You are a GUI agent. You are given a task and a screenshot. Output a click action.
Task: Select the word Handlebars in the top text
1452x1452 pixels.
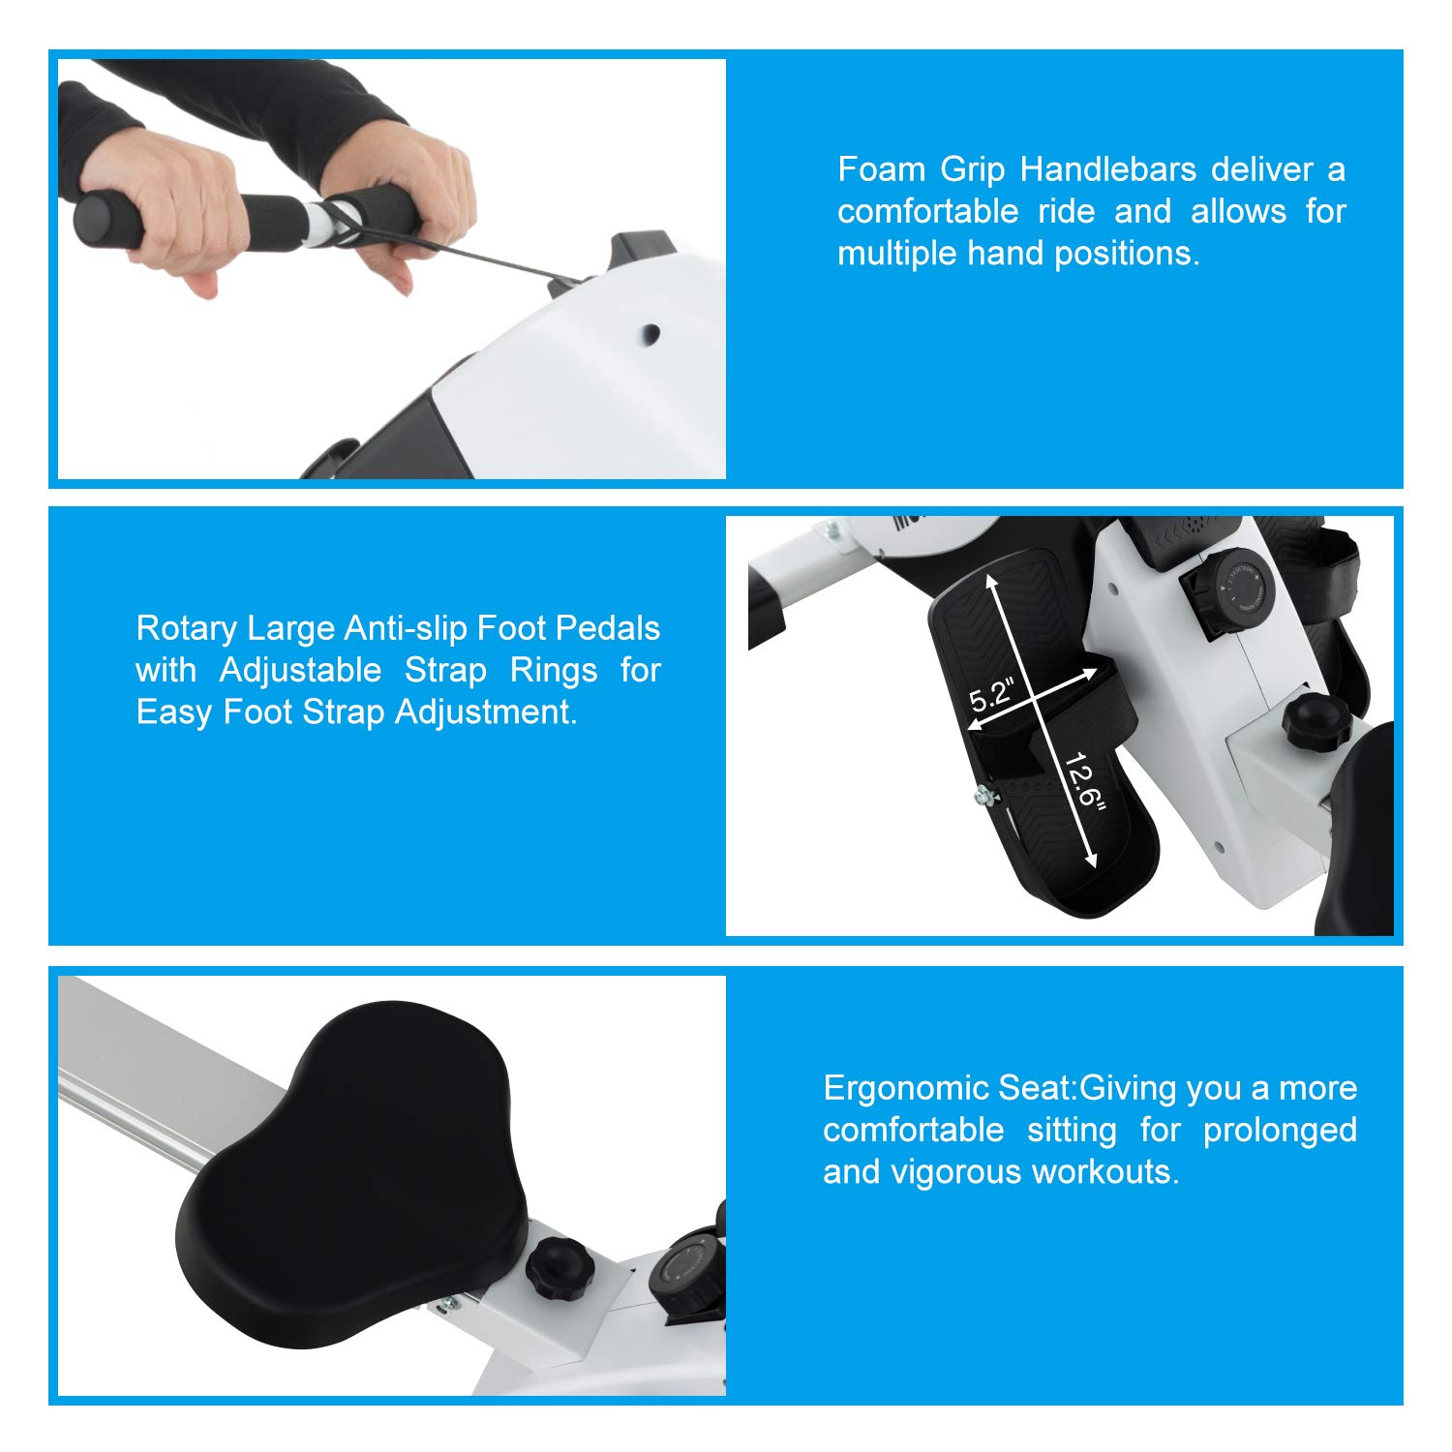pos(1108,169)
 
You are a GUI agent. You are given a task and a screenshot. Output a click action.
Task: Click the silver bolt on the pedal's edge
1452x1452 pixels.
pos(984,796)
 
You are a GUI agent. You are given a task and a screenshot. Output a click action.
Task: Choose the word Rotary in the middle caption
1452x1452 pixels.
pos(186,629)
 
